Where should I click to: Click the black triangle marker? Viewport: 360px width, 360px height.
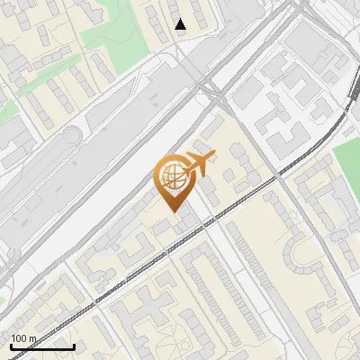(x=181, y=24)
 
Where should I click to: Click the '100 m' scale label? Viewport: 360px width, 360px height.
(x=23, y=338)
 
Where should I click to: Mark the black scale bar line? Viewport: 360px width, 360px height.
(x=42, y=346)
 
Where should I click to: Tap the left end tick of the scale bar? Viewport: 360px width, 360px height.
(x=11, y=345)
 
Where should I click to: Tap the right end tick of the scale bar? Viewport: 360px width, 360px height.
(x=74, y=345)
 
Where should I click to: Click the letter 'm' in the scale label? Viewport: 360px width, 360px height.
(x=32, y=338)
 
